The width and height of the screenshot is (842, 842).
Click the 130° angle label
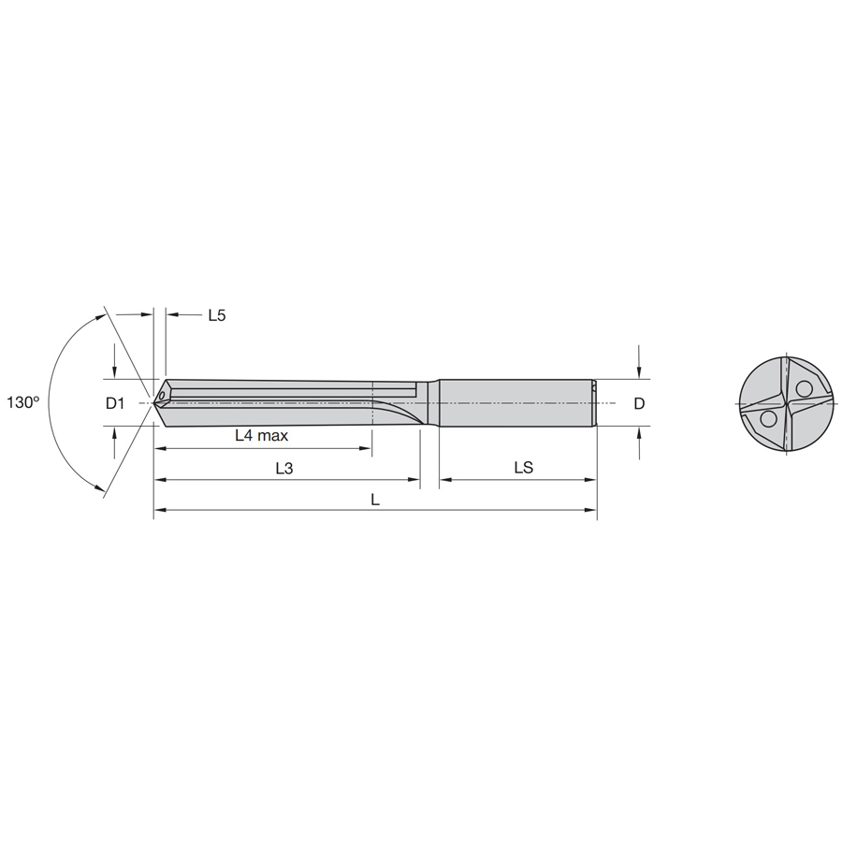point(23,402)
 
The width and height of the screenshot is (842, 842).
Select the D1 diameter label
point(115,403)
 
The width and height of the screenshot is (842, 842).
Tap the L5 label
point(217,315)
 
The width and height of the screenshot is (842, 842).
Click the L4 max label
point(262,435)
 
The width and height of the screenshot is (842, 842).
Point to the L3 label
point(284,469)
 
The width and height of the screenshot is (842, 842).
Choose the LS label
point(524,467)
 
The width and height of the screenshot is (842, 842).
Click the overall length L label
point(375,500)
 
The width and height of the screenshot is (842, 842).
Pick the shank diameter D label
point(639,403)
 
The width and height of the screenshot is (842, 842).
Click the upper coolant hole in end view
point(804,388)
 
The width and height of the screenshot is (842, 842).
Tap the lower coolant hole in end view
point(768,418)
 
